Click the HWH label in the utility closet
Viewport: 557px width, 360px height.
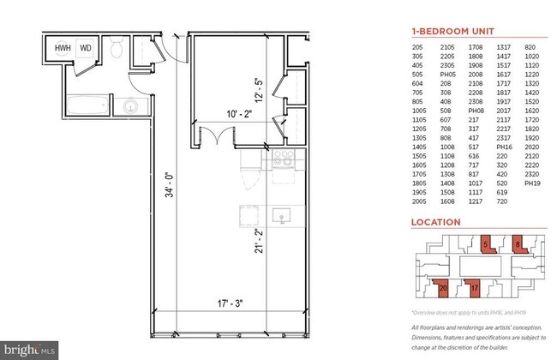coord(63,49)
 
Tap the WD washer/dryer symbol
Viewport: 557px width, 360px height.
coord(86,49)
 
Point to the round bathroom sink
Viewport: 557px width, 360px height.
coord(130,108)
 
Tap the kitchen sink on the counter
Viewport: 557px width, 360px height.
coord(281,214)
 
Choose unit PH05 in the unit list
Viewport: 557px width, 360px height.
coord(445,74)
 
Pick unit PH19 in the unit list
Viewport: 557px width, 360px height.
coord(531,183)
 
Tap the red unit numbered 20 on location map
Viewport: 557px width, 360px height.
coord(442,289)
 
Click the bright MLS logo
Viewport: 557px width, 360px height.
coord(31,350)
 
